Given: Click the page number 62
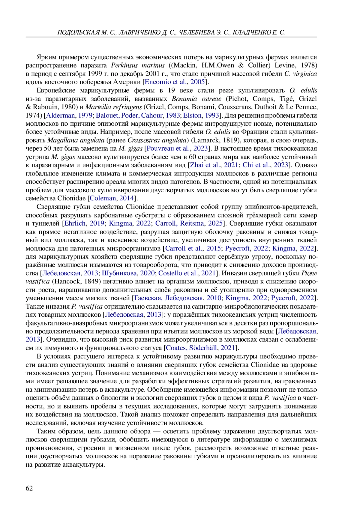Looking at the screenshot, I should [29, 488].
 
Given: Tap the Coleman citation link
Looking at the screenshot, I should [103, 198].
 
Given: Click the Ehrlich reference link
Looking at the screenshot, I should [75, 223].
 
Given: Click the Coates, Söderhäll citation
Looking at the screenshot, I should [191, 348].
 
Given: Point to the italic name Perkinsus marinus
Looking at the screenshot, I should [138, 65].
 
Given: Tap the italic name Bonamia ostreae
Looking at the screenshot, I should [196, 99].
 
